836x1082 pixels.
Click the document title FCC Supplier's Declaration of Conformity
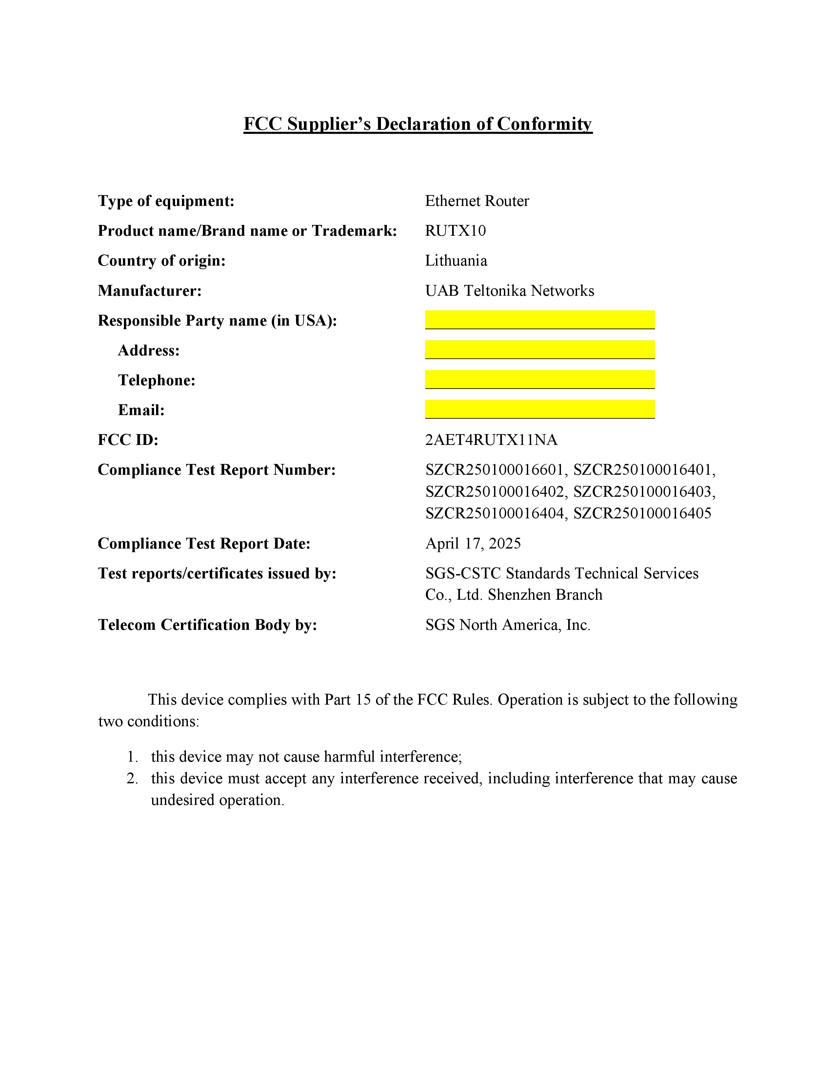point(417,124)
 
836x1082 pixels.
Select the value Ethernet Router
point(477,201)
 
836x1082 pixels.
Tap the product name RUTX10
point(455,231)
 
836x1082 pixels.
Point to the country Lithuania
point(456,261)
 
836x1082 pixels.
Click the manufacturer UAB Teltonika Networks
point(509,291)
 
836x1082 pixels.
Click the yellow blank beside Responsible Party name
point(539,320)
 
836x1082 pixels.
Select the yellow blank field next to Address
point(539,349)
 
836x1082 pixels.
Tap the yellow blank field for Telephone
point(539,379)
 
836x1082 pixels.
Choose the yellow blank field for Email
point(539,409)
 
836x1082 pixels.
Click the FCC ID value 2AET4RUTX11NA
point(491,440)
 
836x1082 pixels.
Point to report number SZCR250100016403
point(644,491)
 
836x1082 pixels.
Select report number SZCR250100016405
point(642,513)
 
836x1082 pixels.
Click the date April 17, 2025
point(473,544)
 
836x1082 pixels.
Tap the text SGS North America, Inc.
point(508,625)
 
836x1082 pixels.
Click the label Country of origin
point(161,261)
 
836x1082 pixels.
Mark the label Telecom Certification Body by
point(207,625)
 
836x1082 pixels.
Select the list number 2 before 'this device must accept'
point(132,778)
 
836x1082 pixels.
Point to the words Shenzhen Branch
point(545,595)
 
